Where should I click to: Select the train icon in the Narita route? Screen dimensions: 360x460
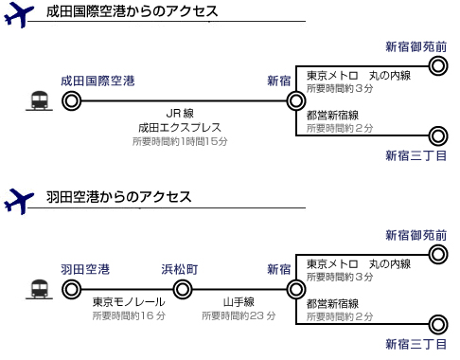pos(40,100)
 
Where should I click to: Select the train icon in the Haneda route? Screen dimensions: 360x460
pos(40,287)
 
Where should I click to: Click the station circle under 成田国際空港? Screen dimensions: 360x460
pos(69,99)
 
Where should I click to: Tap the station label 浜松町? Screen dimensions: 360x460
pos(180,268)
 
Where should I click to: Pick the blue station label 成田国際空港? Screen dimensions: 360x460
pos(97,81)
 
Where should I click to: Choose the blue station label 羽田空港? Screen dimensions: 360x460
pos(84,268)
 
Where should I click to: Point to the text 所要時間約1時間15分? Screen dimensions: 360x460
pos(180,141)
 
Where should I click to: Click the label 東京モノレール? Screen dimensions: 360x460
pos(126,302)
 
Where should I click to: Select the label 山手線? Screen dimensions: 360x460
pos(238,302)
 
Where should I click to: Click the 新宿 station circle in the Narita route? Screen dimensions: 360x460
pos(296,100)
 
